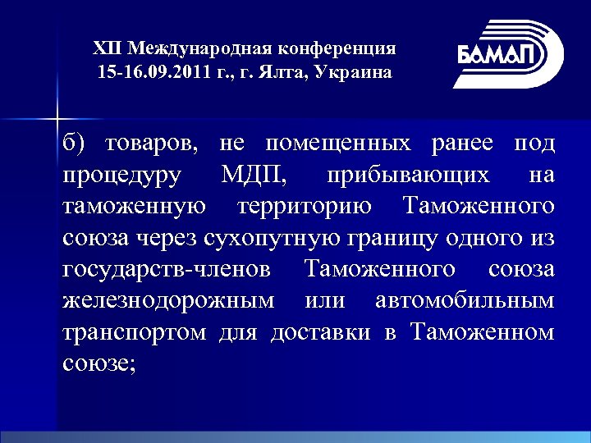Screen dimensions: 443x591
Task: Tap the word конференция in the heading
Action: point(350,48)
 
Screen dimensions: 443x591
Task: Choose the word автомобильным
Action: point(463,300)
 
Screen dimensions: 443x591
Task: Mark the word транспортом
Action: point(135,332)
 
